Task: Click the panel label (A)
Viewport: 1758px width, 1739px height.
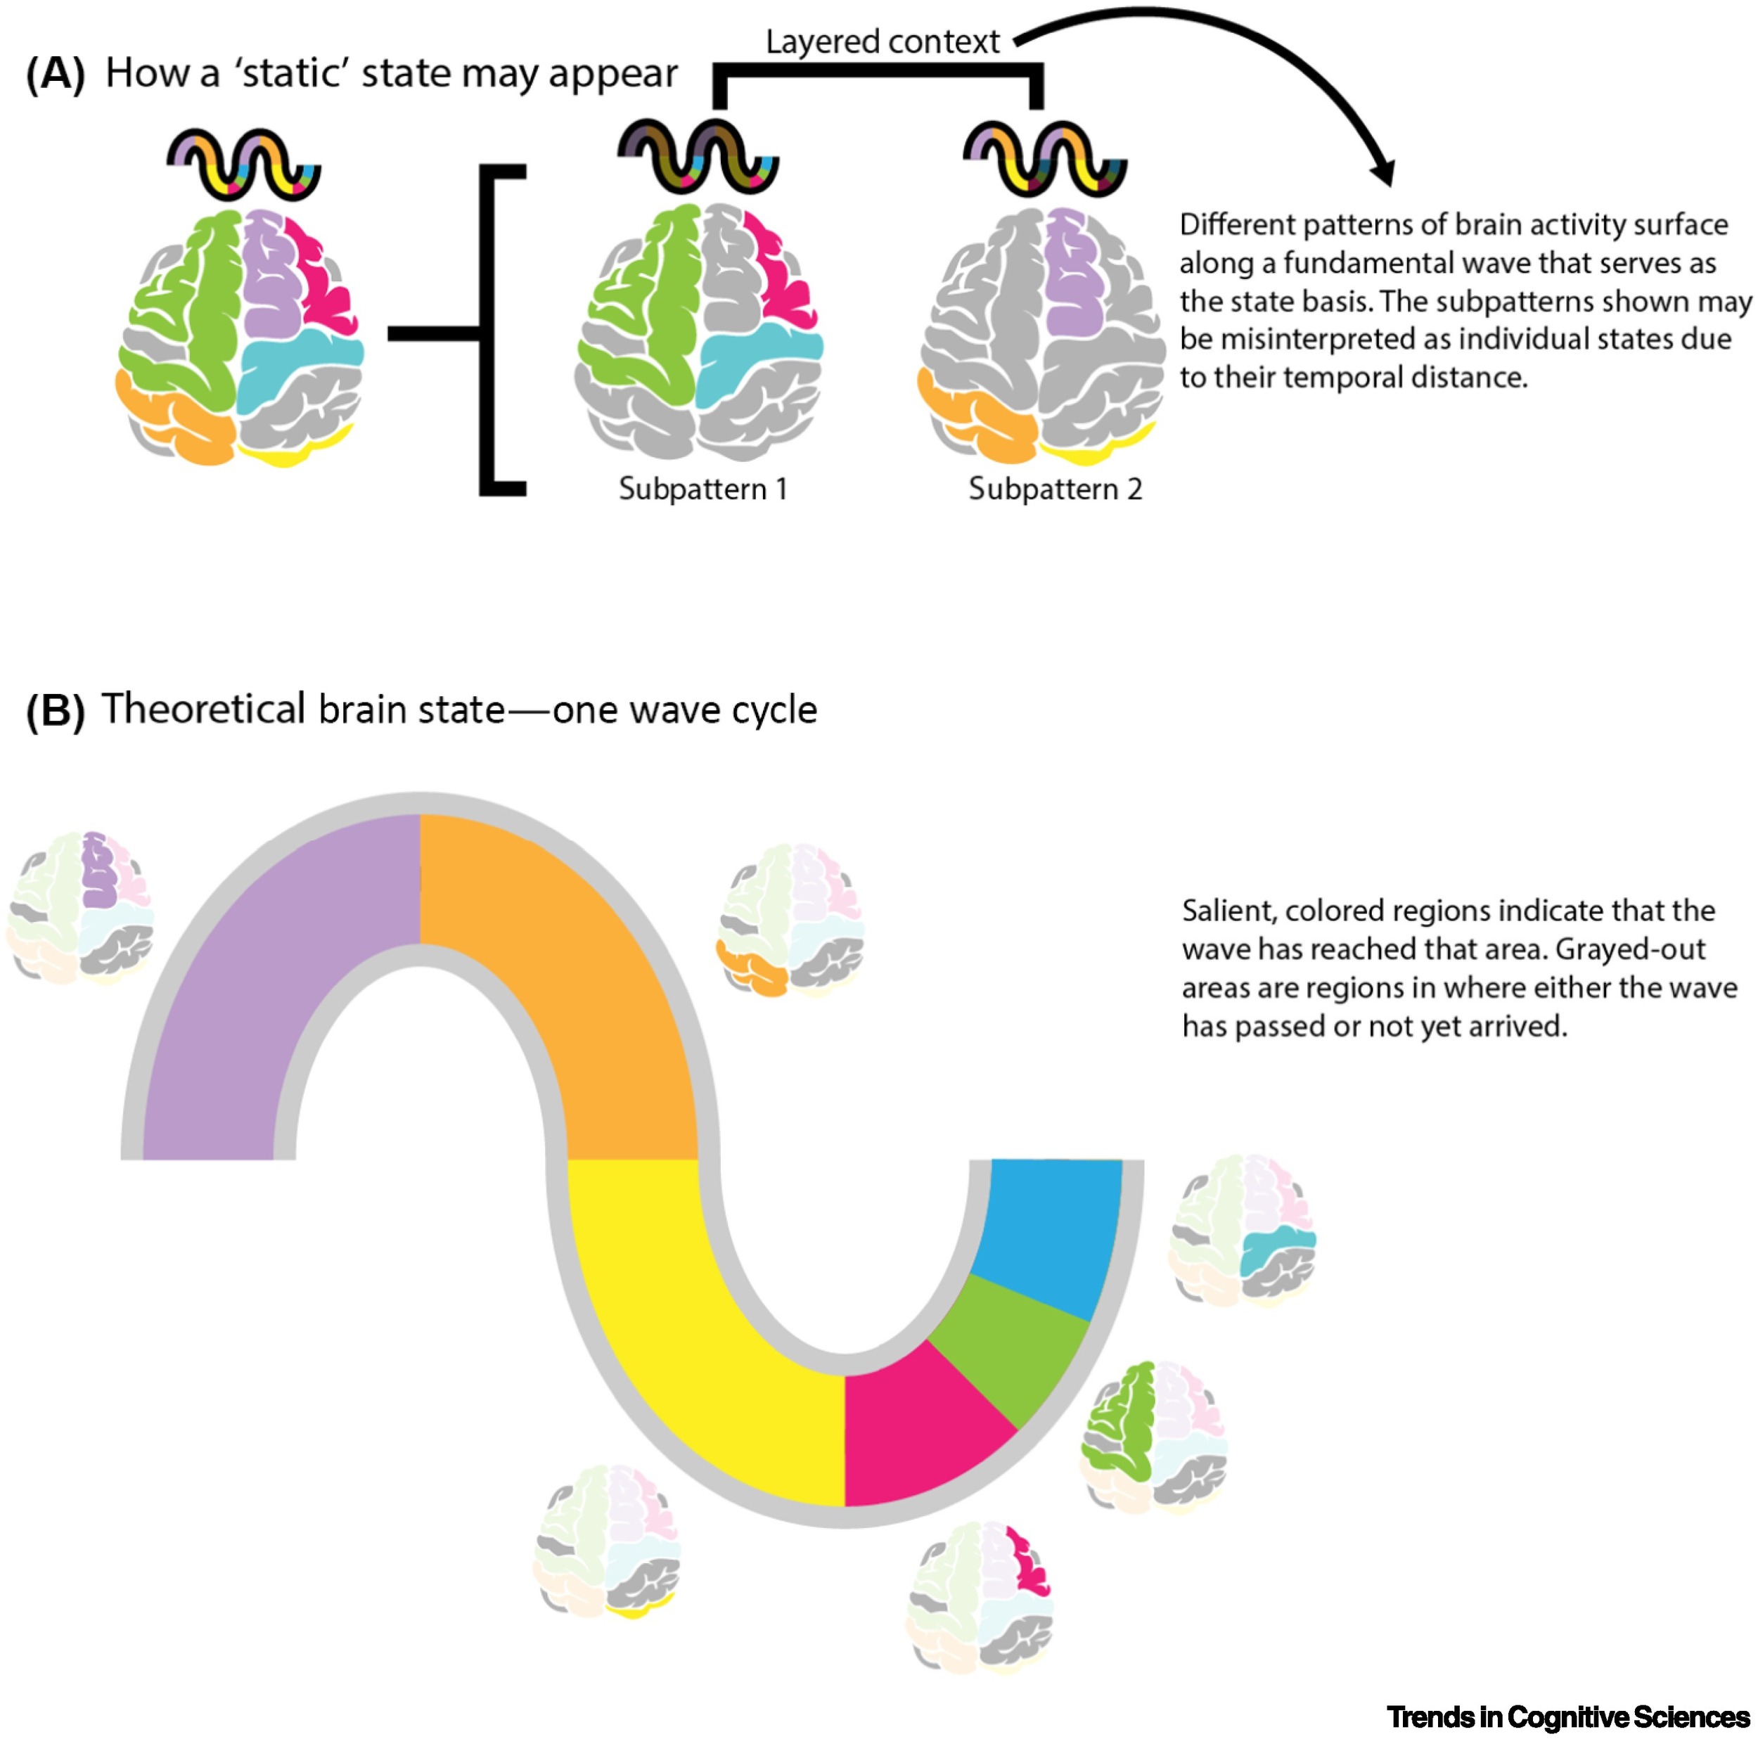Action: point(56,74)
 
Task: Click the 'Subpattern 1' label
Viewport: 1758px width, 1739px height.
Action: point(702,489)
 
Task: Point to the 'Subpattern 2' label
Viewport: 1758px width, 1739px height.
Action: point(1055,489)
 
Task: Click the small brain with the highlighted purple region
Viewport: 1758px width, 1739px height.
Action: point(80,907)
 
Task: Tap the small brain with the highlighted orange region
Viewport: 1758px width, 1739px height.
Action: point(790,919)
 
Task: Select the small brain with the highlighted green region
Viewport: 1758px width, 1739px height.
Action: point(1154,1438)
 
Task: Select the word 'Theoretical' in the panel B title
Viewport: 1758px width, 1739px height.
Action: point(204,709)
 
